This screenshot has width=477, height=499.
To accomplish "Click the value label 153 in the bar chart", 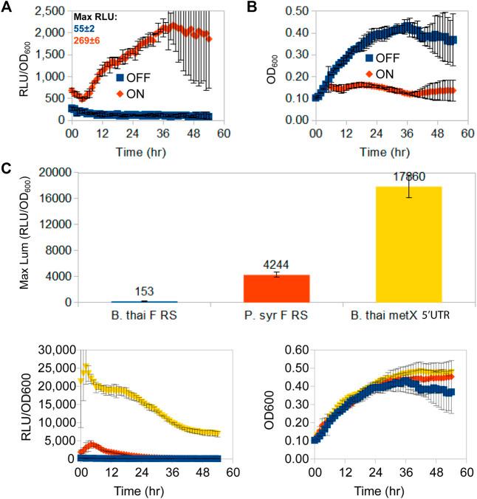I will click(145, 292).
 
